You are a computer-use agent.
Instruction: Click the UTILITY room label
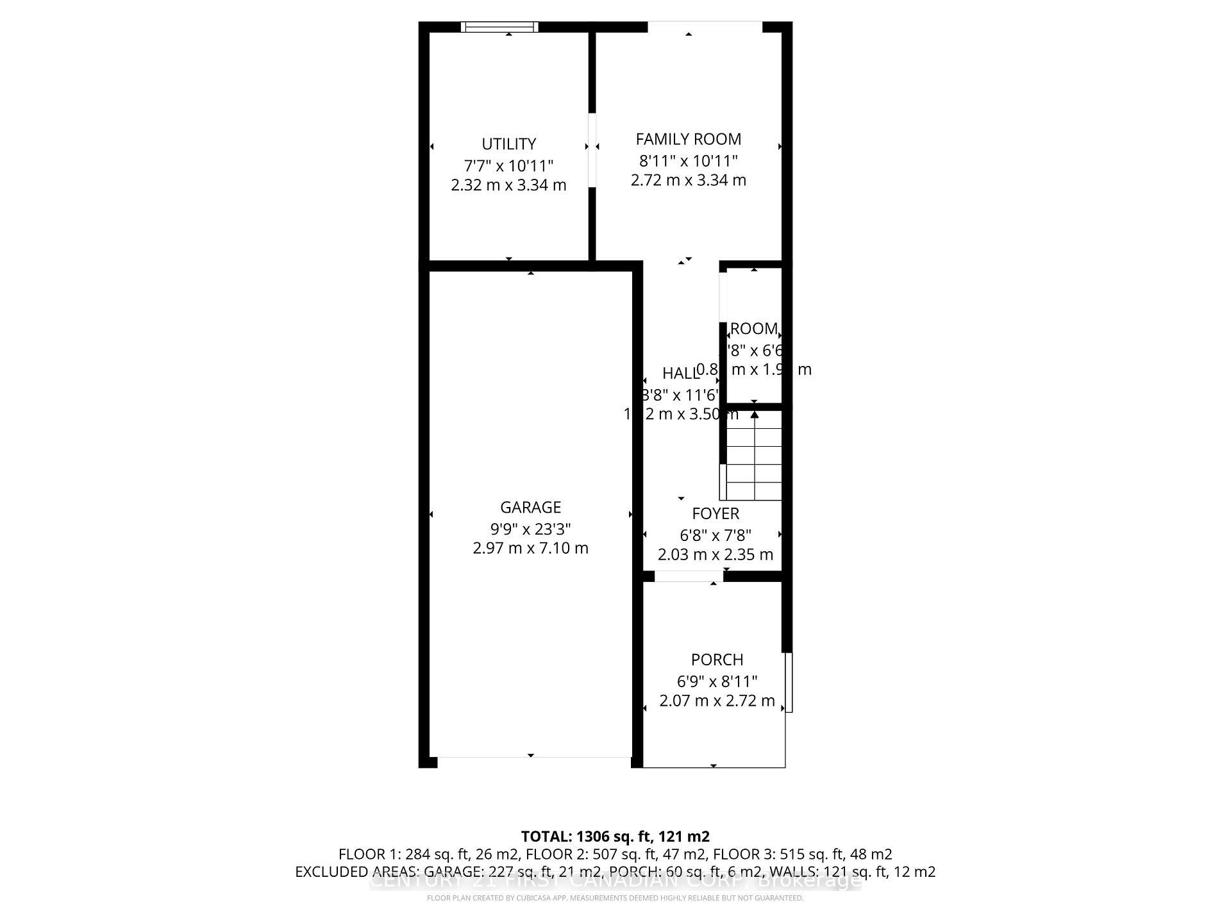508,144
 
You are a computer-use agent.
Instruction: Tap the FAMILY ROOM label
688,139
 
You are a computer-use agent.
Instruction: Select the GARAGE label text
530,507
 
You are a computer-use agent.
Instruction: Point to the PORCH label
717,660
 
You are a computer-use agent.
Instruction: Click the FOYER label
716,513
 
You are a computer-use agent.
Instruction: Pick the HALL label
679,373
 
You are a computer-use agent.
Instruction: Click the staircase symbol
754,456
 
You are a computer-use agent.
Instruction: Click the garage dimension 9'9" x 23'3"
530,529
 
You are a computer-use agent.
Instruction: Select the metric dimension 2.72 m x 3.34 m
688,180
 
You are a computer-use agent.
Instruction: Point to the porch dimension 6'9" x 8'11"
717,681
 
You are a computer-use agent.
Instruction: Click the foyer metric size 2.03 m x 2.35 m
716,554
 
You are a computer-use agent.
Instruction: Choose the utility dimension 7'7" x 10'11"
508,165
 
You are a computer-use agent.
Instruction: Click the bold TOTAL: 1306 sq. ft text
615,836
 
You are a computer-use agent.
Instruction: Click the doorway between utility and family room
592,151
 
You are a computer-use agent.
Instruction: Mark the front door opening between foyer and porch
689,577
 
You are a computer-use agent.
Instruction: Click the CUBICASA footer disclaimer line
615,898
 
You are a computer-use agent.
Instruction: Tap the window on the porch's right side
789,682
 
